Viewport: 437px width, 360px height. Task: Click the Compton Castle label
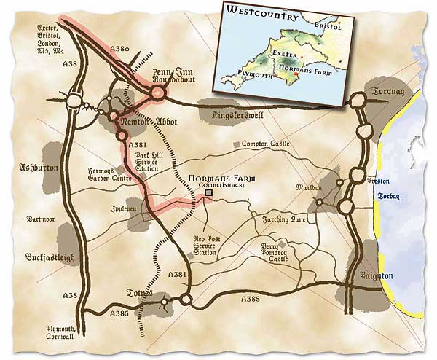coord(265,144)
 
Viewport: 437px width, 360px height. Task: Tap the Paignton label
coord(377,276)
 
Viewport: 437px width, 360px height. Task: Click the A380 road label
coord(120,49)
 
